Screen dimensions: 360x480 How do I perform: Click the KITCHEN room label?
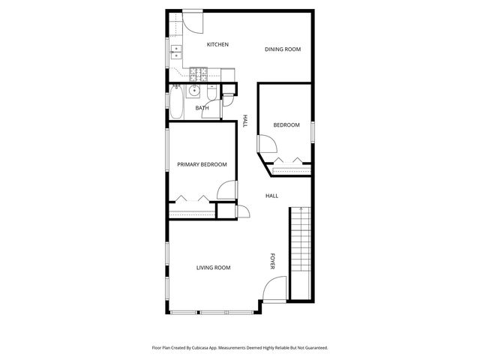pyautogui.click(x=217, y=45)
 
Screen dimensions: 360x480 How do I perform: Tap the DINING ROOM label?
pyautogui.click(x=283, y=49)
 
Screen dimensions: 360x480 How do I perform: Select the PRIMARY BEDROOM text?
pyautogui.click(x=202, y=164)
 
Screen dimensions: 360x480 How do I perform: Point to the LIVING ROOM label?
pyautogui.click(x=213, y=268)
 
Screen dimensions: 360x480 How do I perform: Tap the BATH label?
pyautogui.click(x=202, y=108)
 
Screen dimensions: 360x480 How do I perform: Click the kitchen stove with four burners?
pyautogui.click(x=199, y=73)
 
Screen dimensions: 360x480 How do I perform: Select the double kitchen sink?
pyautogui.click(x=177, y=52)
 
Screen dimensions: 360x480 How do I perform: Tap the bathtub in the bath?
pyautogui.click(x=175, y=103)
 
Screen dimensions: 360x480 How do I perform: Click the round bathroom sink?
pyautogui.click(x=194, y=91)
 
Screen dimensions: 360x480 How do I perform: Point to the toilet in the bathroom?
pyautogui.click(x=211, y=94)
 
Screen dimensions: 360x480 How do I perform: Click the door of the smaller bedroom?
pyautogui.click(x=266, y=145)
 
